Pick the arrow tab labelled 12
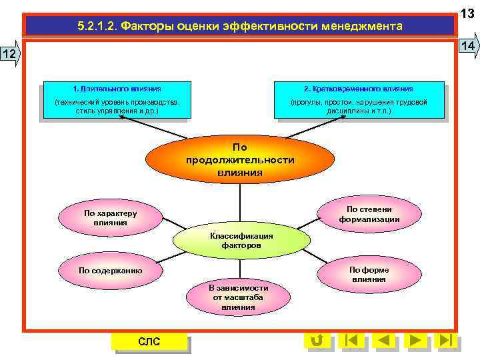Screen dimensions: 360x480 [10, 54]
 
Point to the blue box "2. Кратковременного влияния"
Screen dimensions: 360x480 [358, 101]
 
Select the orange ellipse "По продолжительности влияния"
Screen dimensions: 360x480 [239, 159]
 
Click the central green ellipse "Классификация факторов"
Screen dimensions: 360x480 [241, 241]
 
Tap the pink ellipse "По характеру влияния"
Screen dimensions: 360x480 [110, 217]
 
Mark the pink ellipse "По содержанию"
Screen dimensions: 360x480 [110, 270]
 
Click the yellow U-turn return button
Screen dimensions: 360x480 [317, 340]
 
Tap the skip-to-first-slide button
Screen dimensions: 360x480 [351, 340]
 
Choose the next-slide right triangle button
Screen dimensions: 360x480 [415, 340]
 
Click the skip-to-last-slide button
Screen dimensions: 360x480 [447, 340]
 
